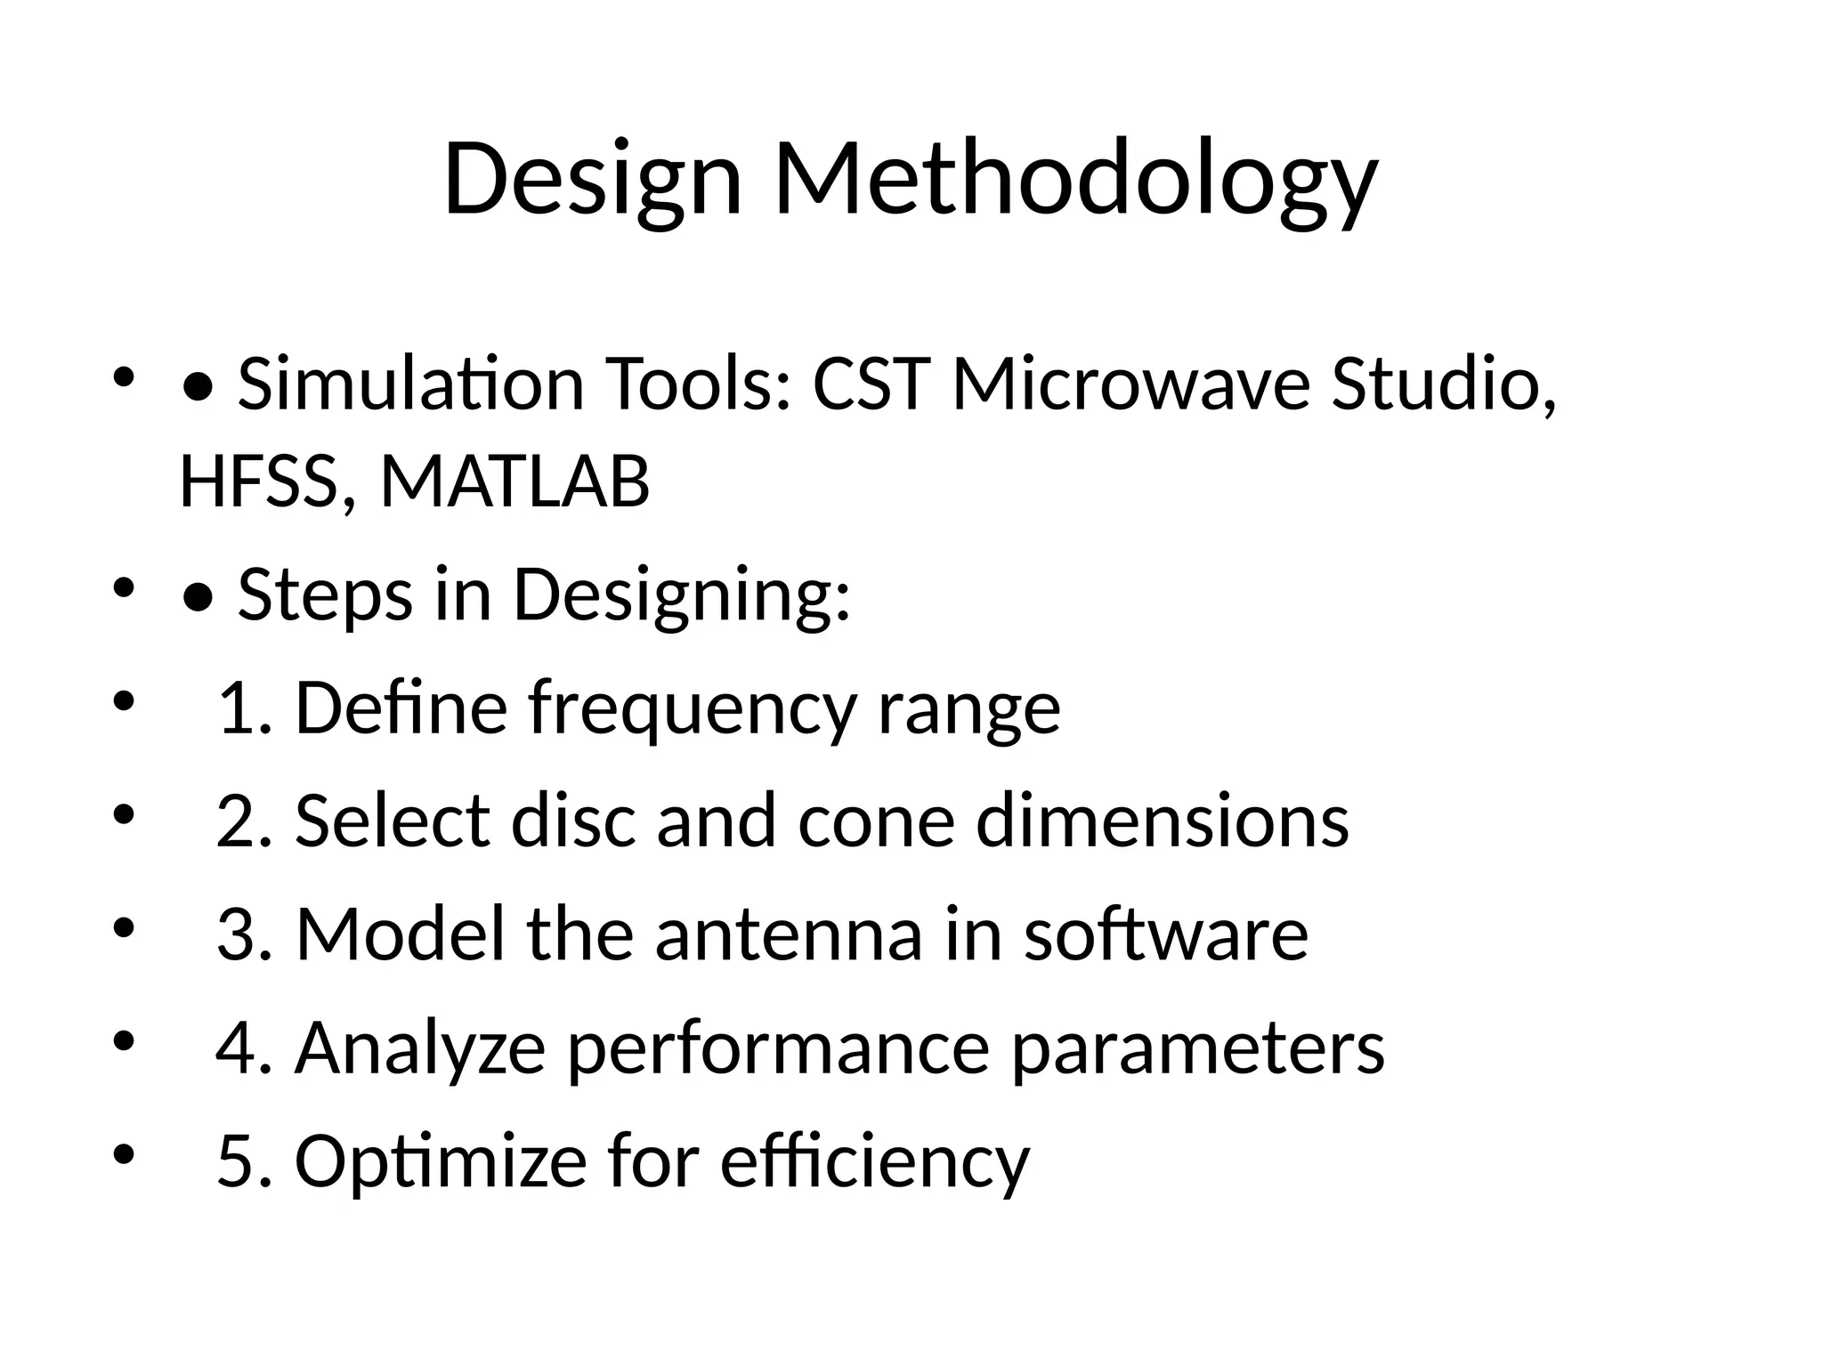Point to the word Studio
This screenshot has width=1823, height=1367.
click(1442, 384)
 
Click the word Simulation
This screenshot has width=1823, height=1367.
click(410, 384)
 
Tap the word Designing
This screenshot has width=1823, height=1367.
click(682, 596)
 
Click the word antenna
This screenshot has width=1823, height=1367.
click(789, 934)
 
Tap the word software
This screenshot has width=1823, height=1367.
click(1166, 934)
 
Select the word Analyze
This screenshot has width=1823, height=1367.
click(420, 1048)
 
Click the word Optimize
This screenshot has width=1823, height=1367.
click(441, 1162)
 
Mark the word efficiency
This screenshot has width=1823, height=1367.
click(874, 1162)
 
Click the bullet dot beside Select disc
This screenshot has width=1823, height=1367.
click(124, 815)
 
